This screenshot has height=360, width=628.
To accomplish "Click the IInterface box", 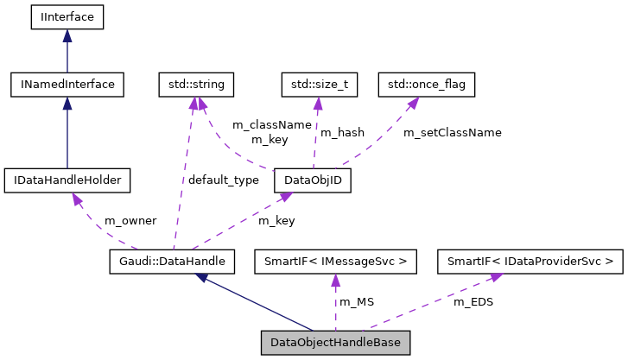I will tap(67, 16).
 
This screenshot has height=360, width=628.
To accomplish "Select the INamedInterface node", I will tap(67, 84).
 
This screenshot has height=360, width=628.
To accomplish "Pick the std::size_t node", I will tap(319, 84).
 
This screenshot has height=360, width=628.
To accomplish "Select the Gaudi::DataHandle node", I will tap(173, 260).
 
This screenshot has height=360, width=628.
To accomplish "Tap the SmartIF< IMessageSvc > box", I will tap(336, 260).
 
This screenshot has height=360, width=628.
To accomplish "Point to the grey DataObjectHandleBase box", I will tap(336, 342).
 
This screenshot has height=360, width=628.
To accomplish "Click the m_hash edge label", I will tap(342, 133).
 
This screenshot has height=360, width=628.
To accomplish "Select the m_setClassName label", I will tap(452, 133).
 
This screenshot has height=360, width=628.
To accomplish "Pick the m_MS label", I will tap(357, 301).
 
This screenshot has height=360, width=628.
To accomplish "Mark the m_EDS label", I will tap(473, 301).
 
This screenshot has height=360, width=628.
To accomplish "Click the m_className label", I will tap(271, 124).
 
